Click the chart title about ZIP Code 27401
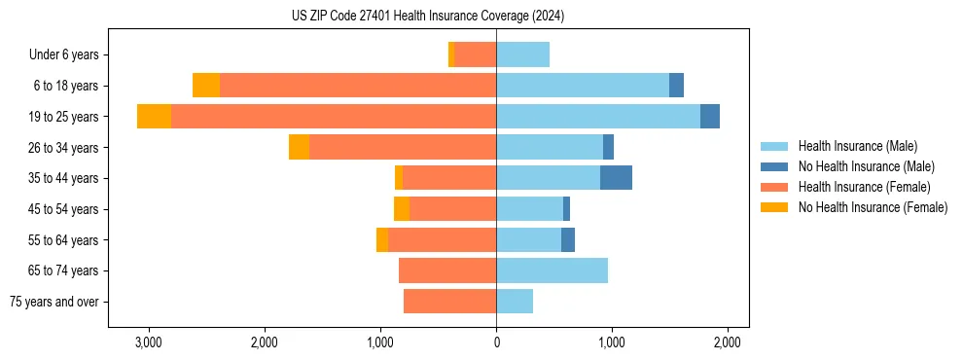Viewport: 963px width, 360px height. [x=428, y=17]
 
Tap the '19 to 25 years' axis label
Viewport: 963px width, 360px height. [x=64, y=117]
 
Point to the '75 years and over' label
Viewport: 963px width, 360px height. [x=54, y=302]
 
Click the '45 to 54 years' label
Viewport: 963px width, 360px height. [x=64, y=209]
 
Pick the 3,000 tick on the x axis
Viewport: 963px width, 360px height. [x=149, y=342]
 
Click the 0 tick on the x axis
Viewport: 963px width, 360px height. [x=496, y=342]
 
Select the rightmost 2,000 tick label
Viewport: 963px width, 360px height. [x=728, y=342]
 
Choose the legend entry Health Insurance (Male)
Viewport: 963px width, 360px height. [x=857, y=146]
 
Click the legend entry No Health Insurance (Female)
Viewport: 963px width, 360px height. [x=873, y=207]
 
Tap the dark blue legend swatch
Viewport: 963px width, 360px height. [x=774, y=166]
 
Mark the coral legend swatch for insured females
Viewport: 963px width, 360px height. [x=774, y=187]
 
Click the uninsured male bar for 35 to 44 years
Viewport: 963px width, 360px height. [x=616, y=178]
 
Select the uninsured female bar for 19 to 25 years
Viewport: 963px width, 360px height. [x=154, y=117]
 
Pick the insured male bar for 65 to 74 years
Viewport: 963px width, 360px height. [x=552, y=270]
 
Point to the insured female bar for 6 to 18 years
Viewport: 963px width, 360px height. [x=358, y=86]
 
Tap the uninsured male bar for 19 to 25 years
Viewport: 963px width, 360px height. [x=710, y=117]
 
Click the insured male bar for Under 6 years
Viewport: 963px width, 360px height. [x=522, y=54]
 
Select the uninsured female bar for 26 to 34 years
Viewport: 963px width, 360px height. [x=299, y=147]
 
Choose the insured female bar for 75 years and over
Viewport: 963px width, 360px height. [x=449, y=302]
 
